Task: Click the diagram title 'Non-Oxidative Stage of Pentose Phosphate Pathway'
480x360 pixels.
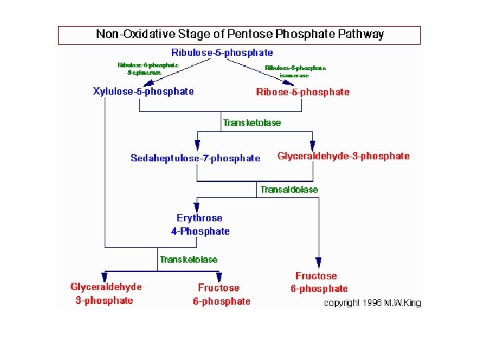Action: tap(239, 34)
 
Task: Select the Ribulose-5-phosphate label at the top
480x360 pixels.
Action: tap(222, 53)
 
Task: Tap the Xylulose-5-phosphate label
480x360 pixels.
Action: tap(143, 91)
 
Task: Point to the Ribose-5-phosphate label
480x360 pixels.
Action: tap(303, 92)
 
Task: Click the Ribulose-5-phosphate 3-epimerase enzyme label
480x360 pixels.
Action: tap(148, 69)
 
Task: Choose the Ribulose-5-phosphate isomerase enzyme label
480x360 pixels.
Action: tap(295, 71)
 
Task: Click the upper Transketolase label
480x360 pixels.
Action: tap(252, 123)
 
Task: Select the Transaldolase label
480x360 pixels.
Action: tap(289, 189)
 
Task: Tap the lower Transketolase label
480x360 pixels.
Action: tap(189, 259)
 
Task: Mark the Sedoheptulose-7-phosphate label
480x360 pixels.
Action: tap(195, 158)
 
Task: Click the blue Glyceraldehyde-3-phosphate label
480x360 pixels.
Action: tap(343, 156)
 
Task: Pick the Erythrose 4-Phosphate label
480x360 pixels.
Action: tap(200, 225)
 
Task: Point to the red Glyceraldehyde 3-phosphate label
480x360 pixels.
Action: tap(106, 293)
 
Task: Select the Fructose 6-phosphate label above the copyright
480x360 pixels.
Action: tap(318, 282)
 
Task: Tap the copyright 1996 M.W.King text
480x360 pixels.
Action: tap(372, 303)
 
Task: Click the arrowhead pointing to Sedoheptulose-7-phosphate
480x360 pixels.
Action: tap(197, 145)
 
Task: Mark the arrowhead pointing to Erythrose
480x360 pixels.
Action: tap(197, 207)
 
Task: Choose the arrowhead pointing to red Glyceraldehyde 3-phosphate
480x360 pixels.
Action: tap(105, 276)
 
